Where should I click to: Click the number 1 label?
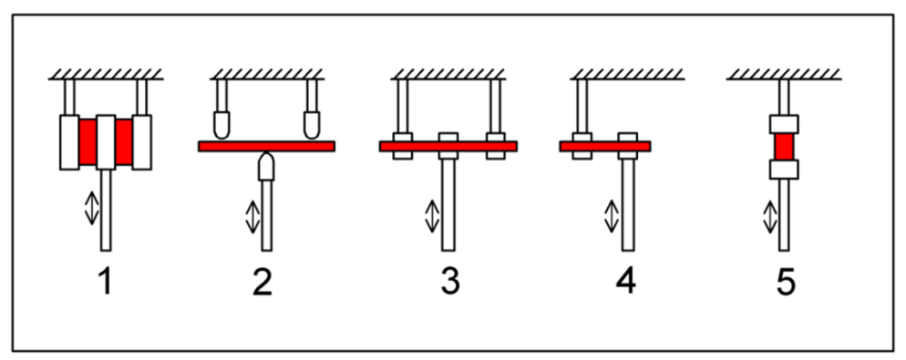click(106, 283)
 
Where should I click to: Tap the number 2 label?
click(262, 283)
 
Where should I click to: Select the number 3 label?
click(449, 283)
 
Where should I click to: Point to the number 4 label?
click(626, 283)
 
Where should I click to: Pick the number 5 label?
click(785, 283)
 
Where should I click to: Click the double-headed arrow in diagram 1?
click(91, 207)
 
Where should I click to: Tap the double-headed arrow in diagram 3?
click(432, 216)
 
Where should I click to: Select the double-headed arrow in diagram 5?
click(770, 216)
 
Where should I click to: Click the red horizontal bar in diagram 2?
click(266, 146)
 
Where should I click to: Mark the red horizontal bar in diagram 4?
click(605, 146)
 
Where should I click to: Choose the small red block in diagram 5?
click(784, 146)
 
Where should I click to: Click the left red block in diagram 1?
click(87, 142)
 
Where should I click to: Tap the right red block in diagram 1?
click(124, 142)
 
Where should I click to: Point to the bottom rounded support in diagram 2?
click(266, 167)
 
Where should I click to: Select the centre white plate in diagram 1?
click(106, 142)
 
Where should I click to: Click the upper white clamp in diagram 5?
click(784, 124)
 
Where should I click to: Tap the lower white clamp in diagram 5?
click(784, 169)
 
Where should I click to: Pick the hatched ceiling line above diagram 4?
click(628, 74)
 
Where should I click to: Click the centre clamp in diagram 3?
click(448, 146)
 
